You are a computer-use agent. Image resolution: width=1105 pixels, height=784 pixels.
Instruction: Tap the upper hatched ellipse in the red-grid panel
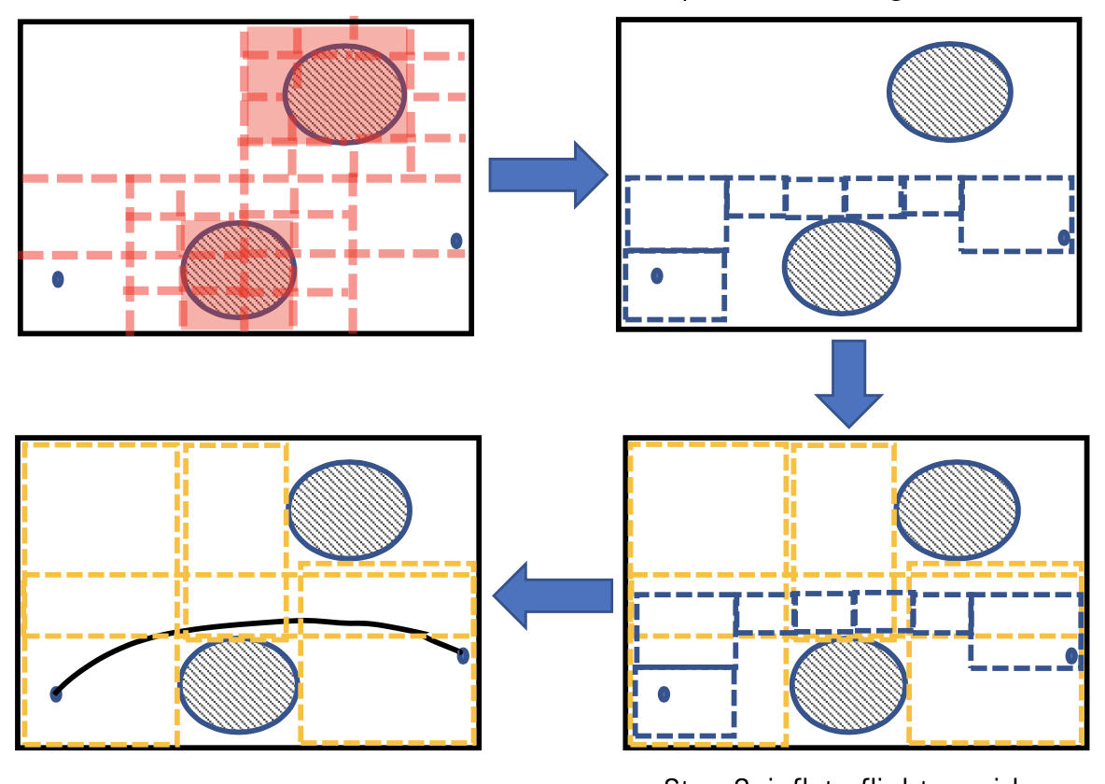pyautogui.click(x=345, y=94)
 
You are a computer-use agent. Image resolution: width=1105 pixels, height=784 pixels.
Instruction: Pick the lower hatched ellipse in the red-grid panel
pyautogui.click(x=238, y=270)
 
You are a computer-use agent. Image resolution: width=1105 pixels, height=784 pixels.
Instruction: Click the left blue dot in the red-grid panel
pyautogui.click(x=58, y=279)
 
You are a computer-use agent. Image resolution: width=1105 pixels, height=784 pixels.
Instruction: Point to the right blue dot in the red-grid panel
pyautogui.click(x=456, y=241)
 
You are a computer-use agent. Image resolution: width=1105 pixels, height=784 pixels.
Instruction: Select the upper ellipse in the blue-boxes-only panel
pyautogui.click(x=949, y=91)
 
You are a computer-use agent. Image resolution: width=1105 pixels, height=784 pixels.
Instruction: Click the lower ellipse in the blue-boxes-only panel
pyautogui.click(x=841, y=266)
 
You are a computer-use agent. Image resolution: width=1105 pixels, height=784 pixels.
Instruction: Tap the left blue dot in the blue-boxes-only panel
pyautogui.click(x=657, y=275)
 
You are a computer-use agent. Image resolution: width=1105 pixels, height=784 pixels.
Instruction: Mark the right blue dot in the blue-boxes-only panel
pyautogui.click(x=1064, y=237)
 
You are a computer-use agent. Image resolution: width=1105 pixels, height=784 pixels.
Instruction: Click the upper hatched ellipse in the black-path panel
pyautogui.click(x=349, y=510)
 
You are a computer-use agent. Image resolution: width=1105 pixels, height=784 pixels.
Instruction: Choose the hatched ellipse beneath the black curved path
pyautogui.click(x=238, y=685)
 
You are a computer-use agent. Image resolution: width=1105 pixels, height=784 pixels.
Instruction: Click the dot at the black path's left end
pyautogui.click(x=56, y=693)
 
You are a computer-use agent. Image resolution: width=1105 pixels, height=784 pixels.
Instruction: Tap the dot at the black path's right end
pyautogui.click(x=463, y=655)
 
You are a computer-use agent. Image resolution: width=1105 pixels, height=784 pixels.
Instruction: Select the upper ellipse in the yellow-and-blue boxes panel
pyautogui.click(x=958, y=510)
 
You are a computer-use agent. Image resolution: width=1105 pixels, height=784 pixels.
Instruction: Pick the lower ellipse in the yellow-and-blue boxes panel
pyautogui.click(x=848, y=684)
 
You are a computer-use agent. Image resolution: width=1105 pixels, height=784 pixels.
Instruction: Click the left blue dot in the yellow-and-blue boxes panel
pyautogui.click(x=664, y=693)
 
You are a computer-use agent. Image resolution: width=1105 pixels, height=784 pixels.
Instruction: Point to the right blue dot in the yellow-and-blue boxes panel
pyautogui.click(x=1071, y=656)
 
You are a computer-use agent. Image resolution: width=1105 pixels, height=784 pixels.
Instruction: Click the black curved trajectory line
pyautogui.click(x=280, y=622)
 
